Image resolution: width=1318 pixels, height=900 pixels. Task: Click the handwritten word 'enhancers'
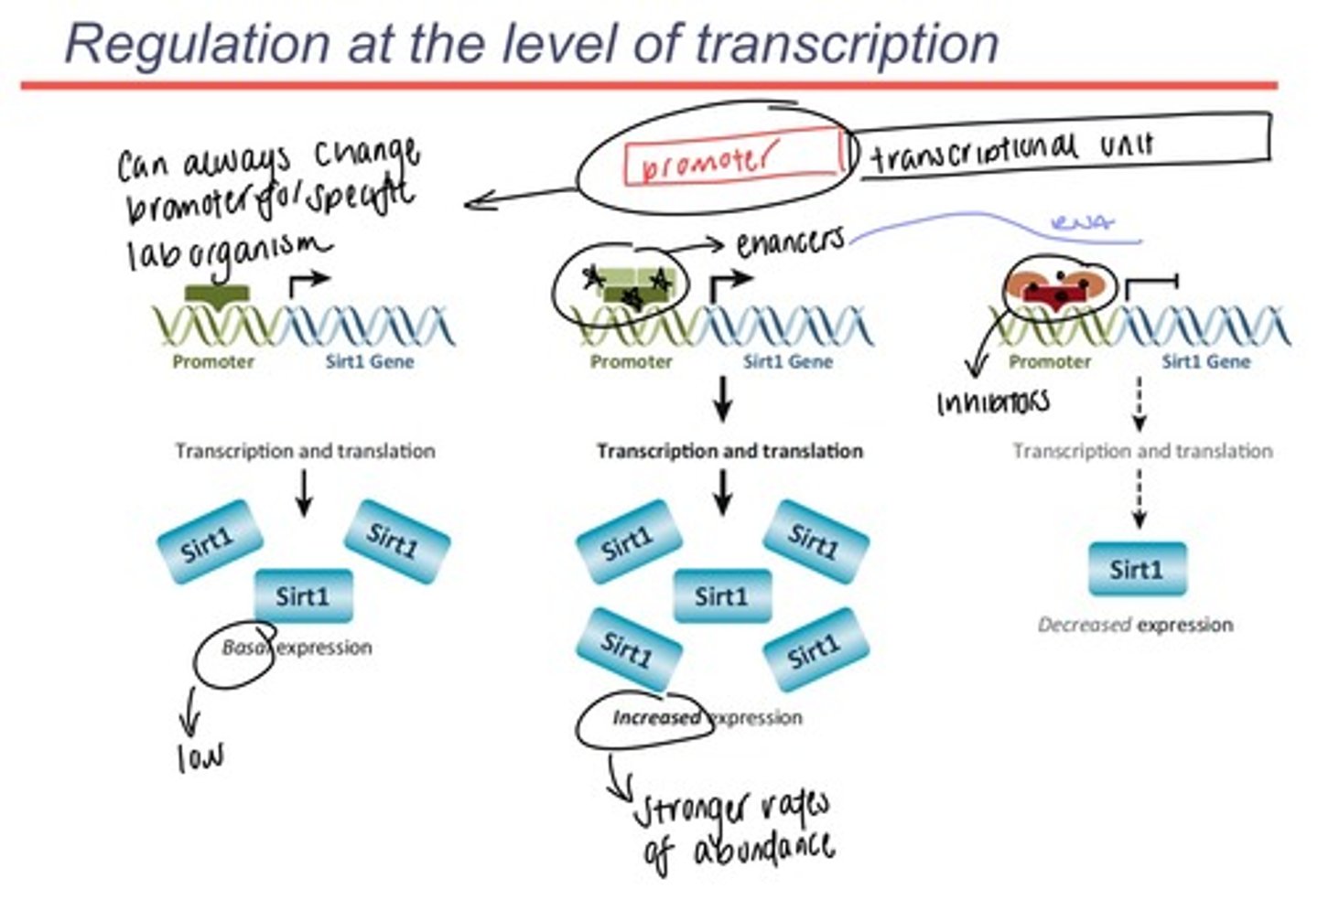coord(790,241)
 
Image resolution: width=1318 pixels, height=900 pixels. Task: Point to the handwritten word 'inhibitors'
coord(992,402)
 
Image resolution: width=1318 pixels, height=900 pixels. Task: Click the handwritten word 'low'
coord(200,756)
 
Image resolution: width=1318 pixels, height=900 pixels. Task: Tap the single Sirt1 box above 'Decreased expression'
coord(1137,570)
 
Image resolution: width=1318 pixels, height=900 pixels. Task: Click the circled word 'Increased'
coord(656,718)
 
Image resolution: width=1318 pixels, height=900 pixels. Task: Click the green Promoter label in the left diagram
coord(213,362)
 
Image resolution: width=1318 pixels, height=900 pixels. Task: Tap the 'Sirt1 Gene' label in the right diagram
coord(1205,362)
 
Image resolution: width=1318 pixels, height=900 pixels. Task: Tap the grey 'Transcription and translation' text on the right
coord(1142,451)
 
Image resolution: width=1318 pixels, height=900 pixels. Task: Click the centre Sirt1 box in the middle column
coord(722,597)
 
